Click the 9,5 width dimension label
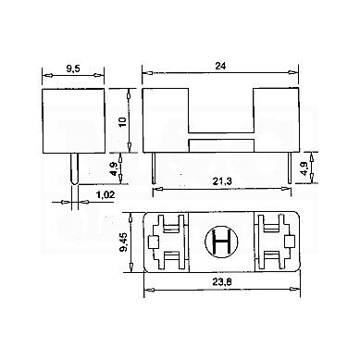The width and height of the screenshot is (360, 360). [x=73, y=68]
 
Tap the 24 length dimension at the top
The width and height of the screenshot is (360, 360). [x=220, y=66]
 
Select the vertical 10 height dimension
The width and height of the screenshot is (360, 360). [x=123, y=121]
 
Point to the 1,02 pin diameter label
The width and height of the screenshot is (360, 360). [x=106, y=194]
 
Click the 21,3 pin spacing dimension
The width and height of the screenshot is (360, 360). [x=222, y=182]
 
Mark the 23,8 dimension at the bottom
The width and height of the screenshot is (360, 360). [x=222, y=282]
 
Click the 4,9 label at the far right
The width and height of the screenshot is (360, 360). [x=305, y=168]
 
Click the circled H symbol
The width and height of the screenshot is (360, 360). [x=221, y=242]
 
